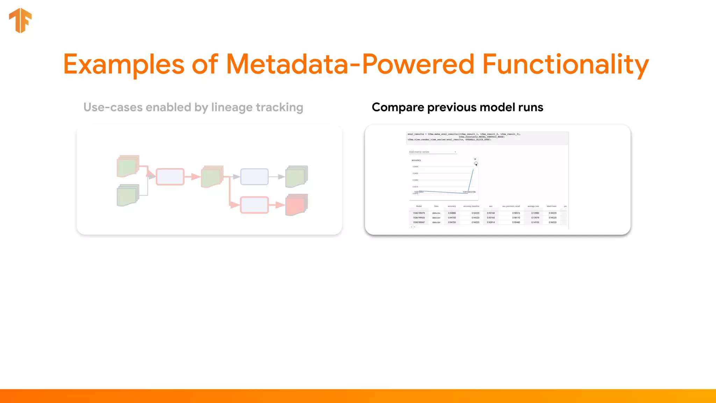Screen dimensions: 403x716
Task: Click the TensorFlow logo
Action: tap(20, 20)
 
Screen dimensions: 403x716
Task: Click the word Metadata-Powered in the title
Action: tap(350, 64)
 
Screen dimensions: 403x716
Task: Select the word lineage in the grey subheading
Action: tap(231, 107)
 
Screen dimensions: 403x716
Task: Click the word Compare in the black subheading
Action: tap(398, 107)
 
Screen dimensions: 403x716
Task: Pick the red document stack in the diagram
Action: tap(296, 205)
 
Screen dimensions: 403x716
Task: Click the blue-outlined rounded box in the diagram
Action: tap(254, 177)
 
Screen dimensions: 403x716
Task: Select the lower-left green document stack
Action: tap(128, 195)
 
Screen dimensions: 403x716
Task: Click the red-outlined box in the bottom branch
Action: tap(254, 205)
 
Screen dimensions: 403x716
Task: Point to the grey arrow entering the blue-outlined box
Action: tap(236, 177)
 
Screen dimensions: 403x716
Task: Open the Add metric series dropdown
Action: tap(433, 152)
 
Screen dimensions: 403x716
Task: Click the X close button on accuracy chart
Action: tap(475, 160)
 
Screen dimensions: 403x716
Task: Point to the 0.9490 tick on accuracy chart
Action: tap(415, 167)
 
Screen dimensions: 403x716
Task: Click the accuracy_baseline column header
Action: tap(471, 206)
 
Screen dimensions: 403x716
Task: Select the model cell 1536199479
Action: tap(418, 213)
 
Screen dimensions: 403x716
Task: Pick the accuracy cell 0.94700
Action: tap(452, 218)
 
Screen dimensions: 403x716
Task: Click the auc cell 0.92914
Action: tap(491, 222)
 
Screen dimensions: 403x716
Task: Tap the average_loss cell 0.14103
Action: tap(535, 222)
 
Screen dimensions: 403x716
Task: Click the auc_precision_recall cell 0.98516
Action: tap(516, 213)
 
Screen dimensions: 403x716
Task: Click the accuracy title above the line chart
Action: tap(416, 160)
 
